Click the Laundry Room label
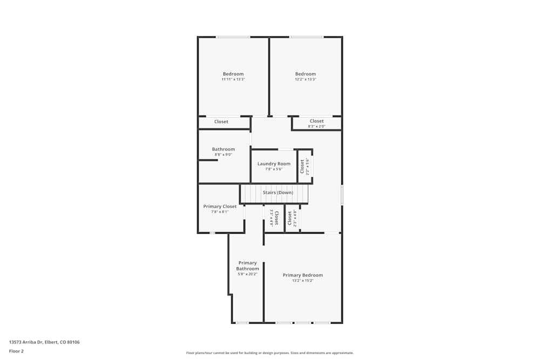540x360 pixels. click(x=274, y=164)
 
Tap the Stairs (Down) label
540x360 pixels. click(x=278, y=193)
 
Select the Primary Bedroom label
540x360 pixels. click(x=303, y=275)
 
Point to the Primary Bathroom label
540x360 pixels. click(x=247, y=266)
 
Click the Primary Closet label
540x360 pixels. click(x=220, y=207)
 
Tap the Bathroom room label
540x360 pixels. click(x=223, y=150)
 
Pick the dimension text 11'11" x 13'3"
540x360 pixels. click(x=233, y=79)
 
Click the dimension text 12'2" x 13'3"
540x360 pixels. click(x=305, y=79)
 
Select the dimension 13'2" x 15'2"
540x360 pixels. click(x=303, y=281)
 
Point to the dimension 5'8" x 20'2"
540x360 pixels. click(x=247, y=274)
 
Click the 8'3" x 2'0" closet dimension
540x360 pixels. click(x=316, y=127)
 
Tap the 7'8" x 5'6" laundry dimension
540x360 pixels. click(x=274, y=169)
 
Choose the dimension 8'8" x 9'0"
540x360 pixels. click(x=223, y=155)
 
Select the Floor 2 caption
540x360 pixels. click(x=16, y=351)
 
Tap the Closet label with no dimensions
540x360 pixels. click(x=221, y=122)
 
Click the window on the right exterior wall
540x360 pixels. click(x=342, y=195)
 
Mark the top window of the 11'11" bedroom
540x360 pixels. click(x=233, y=37)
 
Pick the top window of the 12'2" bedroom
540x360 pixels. click(x=306, y=37)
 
